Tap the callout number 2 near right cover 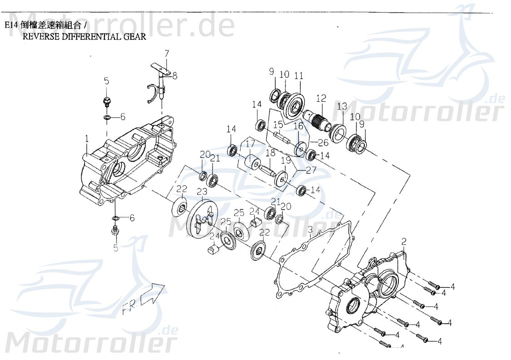point(404,241)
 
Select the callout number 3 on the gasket point(310,229)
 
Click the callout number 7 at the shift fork point(166,54)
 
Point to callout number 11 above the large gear point(298,76)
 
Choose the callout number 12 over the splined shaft point(321,98)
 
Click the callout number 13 point(342,106)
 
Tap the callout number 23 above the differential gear point(201,192)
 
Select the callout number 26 point(323,143)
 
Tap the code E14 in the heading point(12,25)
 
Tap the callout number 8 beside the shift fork point(174,76)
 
